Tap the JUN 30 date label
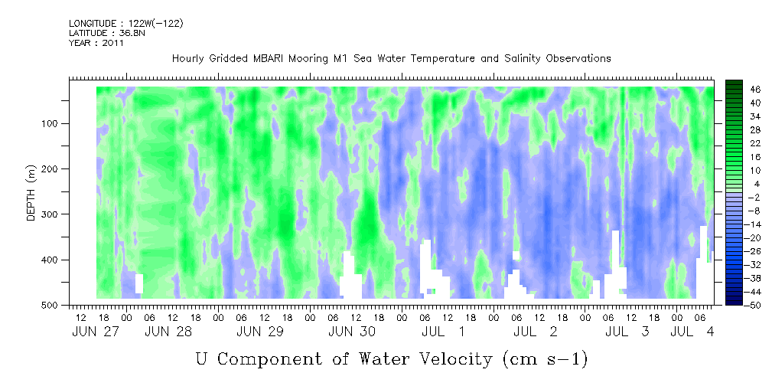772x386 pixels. (352, 332)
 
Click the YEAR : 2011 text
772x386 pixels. (96, 43)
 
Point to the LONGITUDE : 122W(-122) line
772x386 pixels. (126, 23)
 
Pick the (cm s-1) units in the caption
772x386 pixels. (545, 359)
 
